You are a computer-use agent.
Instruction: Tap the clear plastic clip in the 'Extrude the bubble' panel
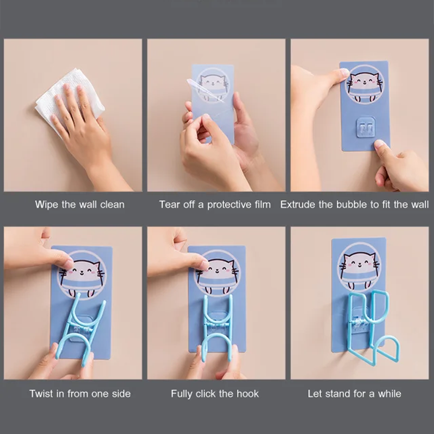click(x=365, y=127)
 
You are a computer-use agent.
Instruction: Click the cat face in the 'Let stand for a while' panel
click(x=359, y=263)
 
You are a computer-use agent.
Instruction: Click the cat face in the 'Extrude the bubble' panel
click(x=365, y=80)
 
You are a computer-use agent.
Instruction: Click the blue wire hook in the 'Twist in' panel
click(x=80, y=329)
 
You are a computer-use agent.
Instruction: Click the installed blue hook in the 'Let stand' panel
click(x=373, y=327)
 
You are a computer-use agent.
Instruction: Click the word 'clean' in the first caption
click(x=112, y=205)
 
